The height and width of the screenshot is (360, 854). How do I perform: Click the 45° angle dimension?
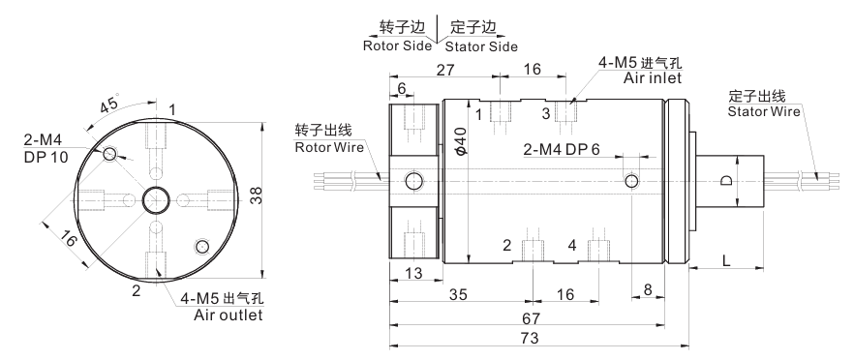coord(109,104)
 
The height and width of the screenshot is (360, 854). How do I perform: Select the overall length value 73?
coord(529,338)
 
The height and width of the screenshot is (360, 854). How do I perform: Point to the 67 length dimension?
coord(531,317)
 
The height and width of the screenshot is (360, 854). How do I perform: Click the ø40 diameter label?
coord(460,140)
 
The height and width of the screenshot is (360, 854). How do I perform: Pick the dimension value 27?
coord(445,69)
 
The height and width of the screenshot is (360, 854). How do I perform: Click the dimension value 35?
coord(458,294)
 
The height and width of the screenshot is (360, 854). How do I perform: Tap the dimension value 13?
coord(414,272)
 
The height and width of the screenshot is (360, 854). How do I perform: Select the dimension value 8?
coord(648,289)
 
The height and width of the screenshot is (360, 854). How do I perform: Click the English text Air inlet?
coord(653,77)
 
